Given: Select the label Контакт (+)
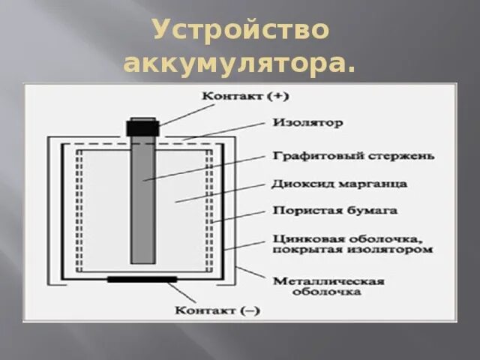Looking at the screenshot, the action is tap(234, 96).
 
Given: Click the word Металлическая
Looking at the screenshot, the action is tap(328, 280).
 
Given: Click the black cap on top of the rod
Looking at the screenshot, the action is tap(142, 127).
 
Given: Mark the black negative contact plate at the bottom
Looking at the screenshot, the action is tap(142, 279).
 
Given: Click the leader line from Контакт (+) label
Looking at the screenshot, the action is tap(180, 114).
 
